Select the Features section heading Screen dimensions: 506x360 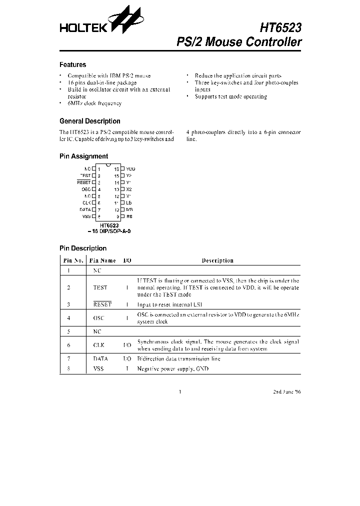tap(72, 64)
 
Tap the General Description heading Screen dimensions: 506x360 tap(89, 121)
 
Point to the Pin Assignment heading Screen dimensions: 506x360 tap(83, 156)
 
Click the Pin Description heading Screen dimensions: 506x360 tap(82, 248)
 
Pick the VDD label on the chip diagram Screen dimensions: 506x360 tap(130, 169)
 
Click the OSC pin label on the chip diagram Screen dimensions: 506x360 tap(85, 189)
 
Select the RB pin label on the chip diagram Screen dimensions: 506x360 tap(129, 216)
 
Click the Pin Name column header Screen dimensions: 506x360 tap(102, 260)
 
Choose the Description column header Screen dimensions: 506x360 tap(217, 260)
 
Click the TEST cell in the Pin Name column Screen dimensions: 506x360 tap(100, 288)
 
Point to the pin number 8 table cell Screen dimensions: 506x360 tap(68, 368)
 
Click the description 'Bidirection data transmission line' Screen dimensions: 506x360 tap(178, 359)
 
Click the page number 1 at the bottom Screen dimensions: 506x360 tap(180, 392)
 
